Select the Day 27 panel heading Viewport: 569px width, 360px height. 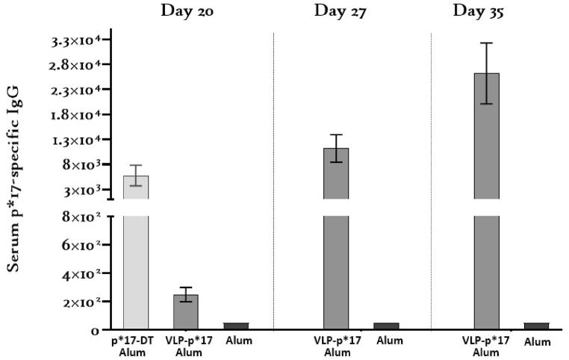pos(340,10)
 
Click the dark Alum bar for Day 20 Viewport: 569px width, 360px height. pos(236,326)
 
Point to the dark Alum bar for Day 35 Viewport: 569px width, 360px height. pos(536,326)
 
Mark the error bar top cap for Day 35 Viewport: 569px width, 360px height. pos(487,43)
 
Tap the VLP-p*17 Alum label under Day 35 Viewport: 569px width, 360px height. pos(487,347)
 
